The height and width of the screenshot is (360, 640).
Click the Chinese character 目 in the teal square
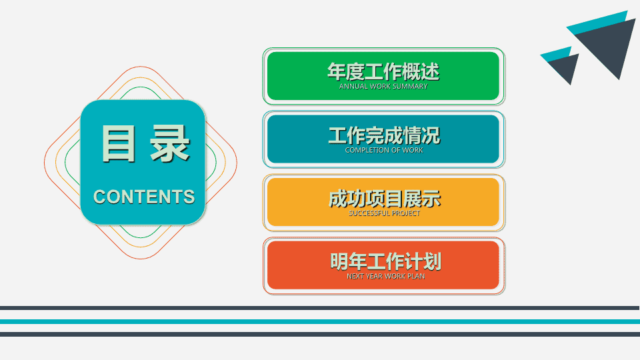(119, 143)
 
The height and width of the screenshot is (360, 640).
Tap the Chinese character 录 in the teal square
(170, 143)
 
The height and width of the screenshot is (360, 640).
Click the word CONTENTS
(144, 197)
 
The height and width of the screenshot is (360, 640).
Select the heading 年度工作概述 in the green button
(383, 72)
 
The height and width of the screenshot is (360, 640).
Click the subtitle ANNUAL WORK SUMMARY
(383, 86)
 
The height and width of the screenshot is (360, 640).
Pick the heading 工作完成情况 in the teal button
(384, 135)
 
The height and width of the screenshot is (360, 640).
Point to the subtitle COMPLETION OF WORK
(384, 150)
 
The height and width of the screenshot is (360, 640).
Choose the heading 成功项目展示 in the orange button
(385, 199)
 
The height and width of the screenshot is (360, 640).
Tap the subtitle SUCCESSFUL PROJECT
(384, 213)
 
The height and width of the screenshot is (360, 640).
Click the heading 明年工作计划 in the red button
(386, 261)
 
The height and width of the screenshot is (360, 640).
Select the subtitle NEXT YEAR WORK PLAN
(386, 276)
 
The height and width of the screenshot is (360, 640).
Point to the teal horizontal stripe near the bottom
(320, 321)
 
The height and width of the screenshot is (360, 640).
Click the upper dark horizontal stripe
(320, 308)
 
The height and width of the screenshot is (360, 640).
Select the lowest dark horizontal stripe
(320, 334)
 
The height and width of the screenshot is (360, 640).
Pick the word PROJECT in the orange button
(405, 213)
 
